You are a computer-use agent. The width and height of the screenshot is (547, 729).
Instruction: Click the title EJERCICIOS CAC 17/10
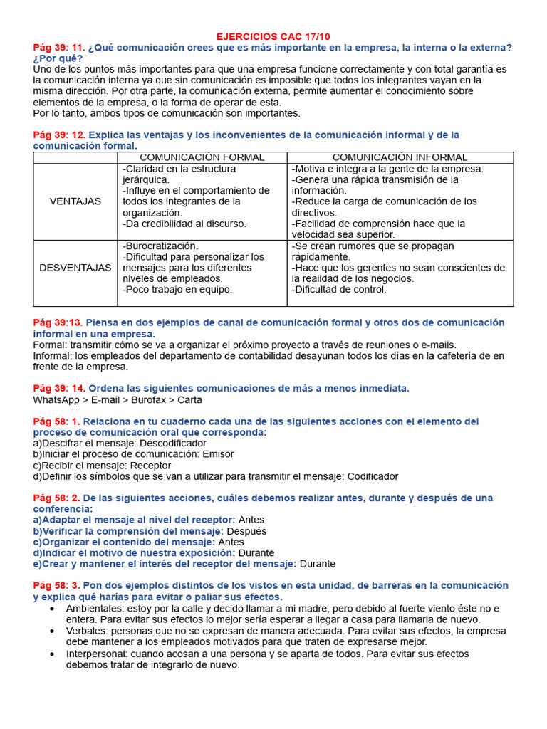273,36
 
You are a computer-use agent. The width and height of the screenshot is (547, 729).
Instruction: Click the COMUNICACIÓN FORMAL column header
202,157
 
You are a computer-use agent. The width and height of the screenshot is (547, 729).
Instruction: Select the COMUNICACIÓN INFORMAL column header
400,157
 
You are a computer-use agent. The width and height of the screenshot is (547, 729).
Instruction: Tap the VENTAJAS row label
75,201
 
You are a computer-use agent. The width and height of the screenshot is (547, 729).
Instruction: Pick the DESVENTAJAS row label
75,268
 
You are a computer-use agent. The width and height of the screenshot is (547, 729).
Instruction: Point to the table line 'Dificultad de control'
340,290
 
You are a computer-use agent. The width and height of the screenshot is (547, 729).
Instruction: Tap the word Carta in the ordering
189,399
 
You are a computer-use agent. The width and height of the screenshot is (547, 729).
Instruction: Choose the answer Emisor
218,454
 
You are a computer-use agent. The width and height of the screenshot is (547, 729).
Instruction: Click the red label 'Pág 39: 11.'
59,47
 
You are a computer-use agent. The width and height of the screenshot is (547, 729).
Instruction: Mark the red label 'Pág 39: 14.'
59,388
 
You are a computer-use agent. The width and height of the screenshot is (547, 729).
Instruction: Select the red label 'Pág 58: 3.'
56,585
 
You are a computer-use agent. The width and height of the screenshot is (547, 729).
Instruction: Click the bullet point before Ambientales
53,609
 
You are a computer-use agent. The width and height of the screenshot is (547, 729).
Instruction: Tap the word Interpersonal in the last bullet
97,654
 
